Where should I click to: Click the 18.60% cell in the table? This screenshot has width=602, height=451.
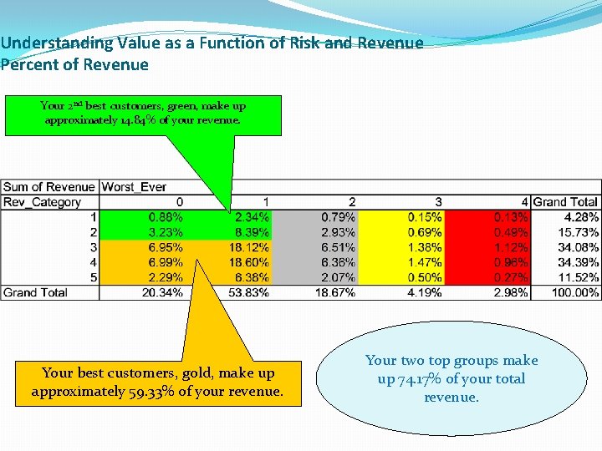point(250,262)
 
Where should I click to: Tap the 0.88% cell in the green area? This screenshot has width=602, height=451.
point(166,217)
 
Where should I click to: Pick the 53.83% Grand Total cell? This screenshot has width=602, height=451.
point(250,292)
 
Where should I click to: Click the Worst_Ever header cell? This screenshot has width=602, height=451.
point(134,187)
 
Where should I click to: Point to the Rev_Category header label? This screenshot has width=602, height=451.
point(43,202)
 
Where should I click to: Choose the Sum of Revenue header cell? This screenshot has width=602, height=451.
point(49,187)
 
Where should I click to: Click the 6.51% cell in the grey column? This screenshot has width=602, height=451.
point(339,247)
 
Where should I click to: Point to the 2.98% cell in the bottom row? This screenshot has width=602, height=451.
point(510,292)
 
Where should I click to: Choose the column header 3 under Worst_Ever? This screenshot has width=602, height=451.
point(438,202)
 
